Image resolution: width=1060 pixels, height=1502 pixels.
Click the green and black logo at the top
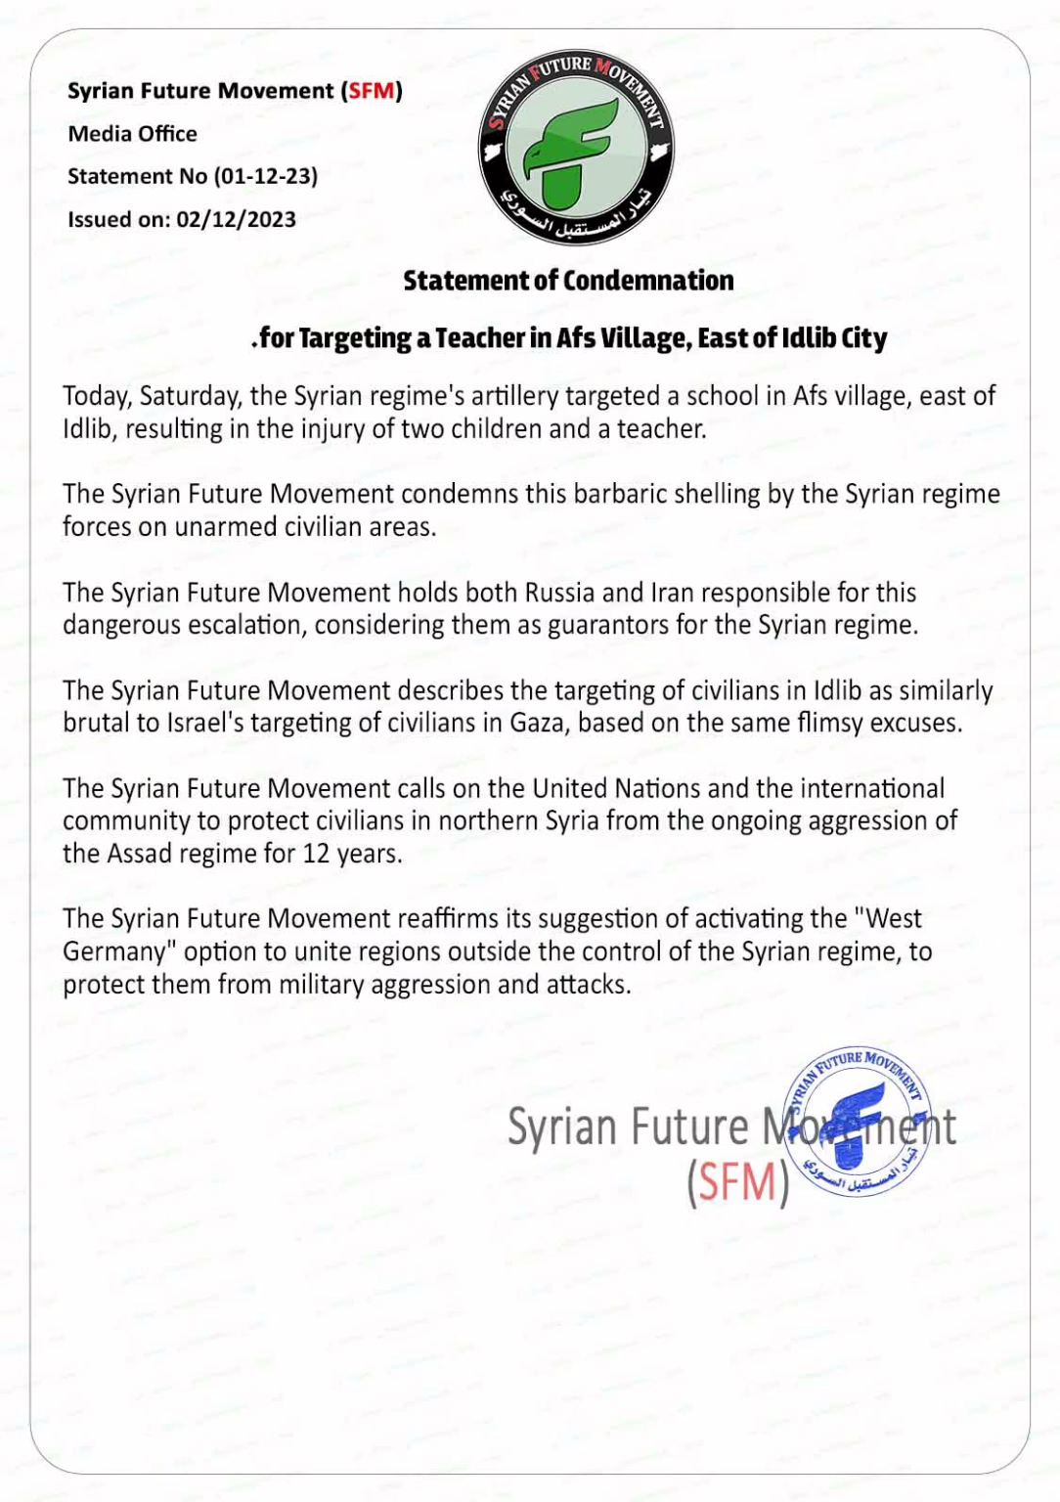[x=575, y=148]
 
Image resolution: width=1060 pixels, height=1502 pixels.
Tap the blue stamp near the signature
[x=858, y=1124]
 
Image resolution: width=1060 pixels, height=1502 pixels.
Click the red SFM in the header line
[x=372, y=91]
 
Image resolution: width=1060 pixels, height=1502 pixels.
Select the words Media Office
[x=132, y=134]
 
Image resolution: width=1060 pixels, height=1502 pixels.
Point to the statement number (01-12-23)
[x=266, y=176]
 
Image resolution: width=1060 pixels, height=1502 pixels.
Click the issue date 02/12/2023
[x=236, y=219]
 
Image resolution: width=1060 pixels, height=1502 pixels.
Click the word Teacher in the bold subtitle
[x=479, y=338]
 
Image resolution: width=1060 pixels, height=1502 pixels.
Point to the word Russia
[x=559, y=593]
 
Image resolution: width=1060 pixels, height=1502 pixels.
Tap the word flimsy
[x=830, y=723]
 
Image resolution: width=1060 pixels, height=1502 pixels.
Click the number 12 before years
[x=316, y=854]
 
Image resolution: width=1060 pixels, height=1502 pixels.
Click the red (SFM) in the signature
[x=737, y=1182]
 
